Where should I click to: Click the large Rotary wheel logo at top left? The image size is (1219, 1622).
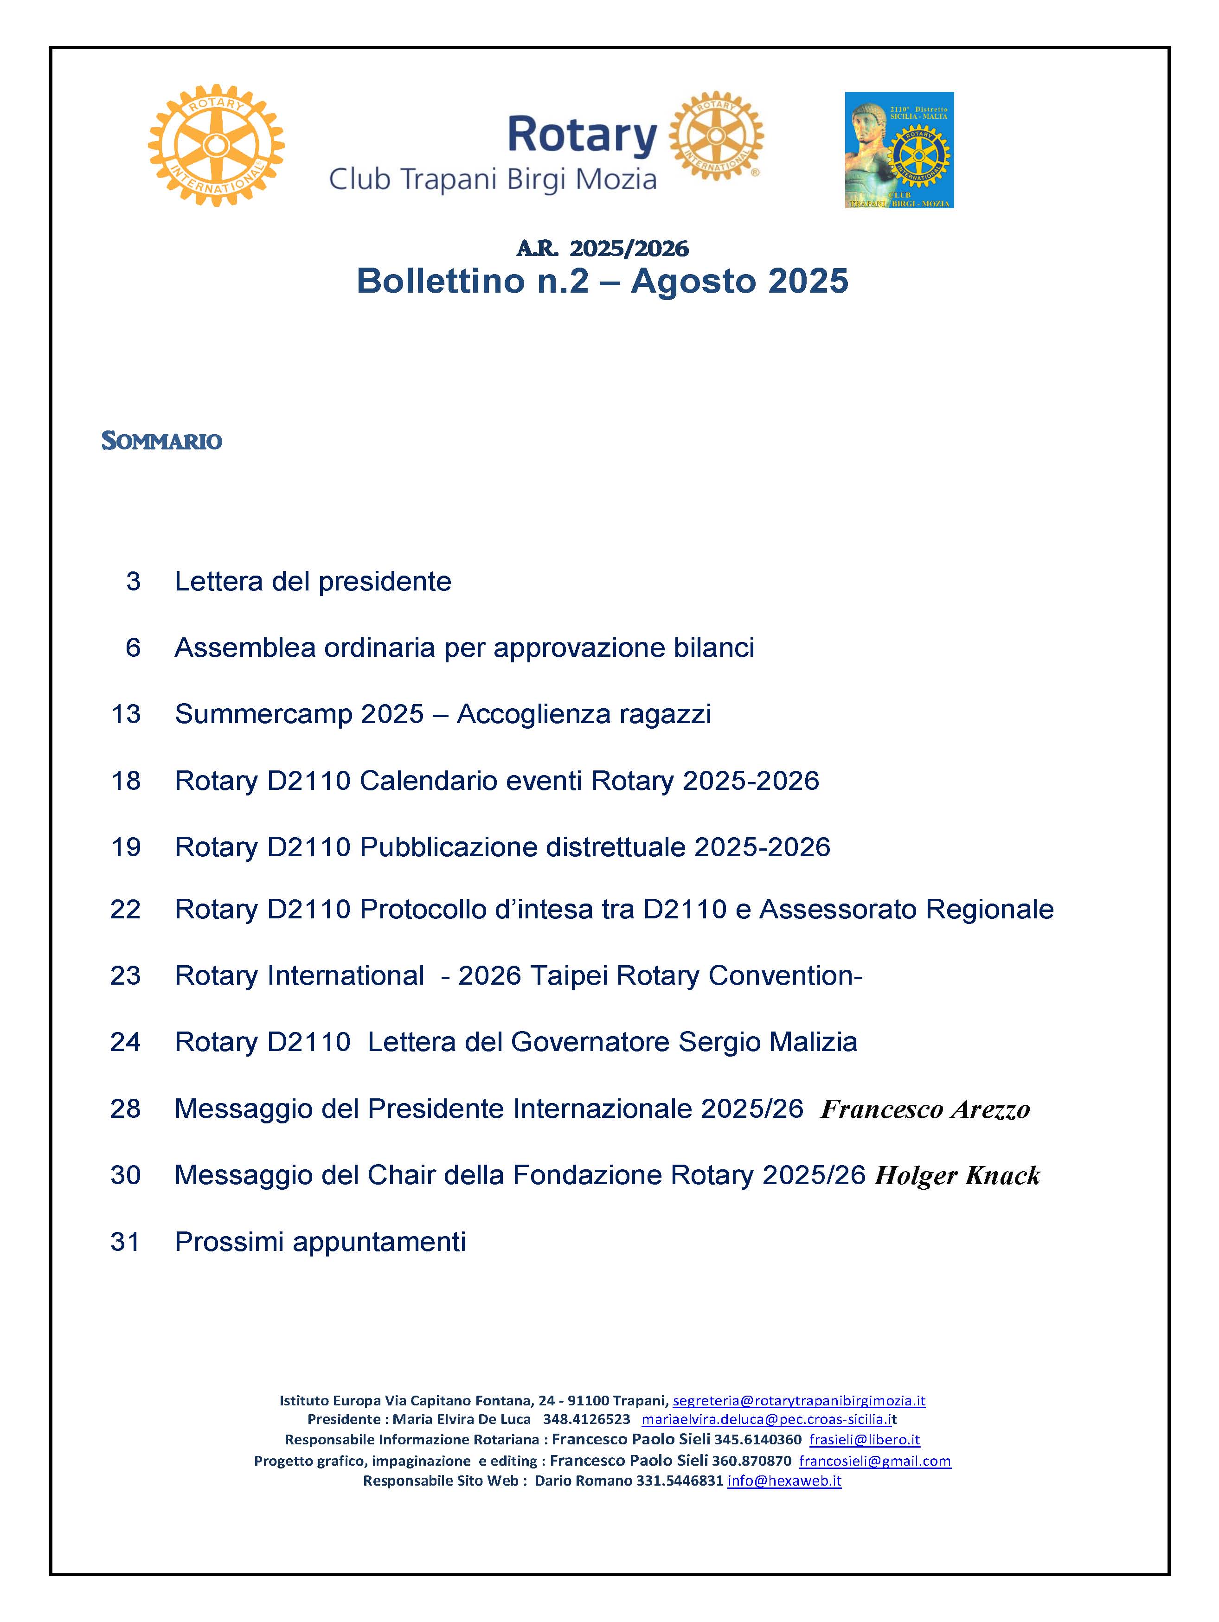pos(216,145)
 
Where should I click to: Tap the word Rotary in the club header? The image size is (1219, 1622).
pos(582,135)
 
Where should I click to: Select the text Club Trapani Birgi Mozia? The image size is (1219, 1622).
pos(492,180)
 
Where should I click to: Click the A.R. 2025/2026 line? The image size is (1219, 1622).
pos(602,249)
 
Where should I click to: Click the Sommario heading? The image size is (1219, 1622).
pos(161,441)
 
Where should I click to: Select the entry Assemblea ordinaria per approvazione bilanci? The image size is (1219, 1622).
pos(464,648)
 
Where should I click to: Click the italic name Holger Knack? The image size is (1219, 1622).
pos(957,1175)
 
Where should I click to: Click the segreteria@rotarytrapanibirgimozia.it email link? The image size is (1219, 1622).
pos(799,1401)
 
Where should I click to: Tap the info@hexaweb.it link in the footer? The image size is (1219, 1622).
pos(784,1481)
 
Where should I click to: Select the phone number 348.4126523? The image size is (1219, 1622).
pos(586,1420)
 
